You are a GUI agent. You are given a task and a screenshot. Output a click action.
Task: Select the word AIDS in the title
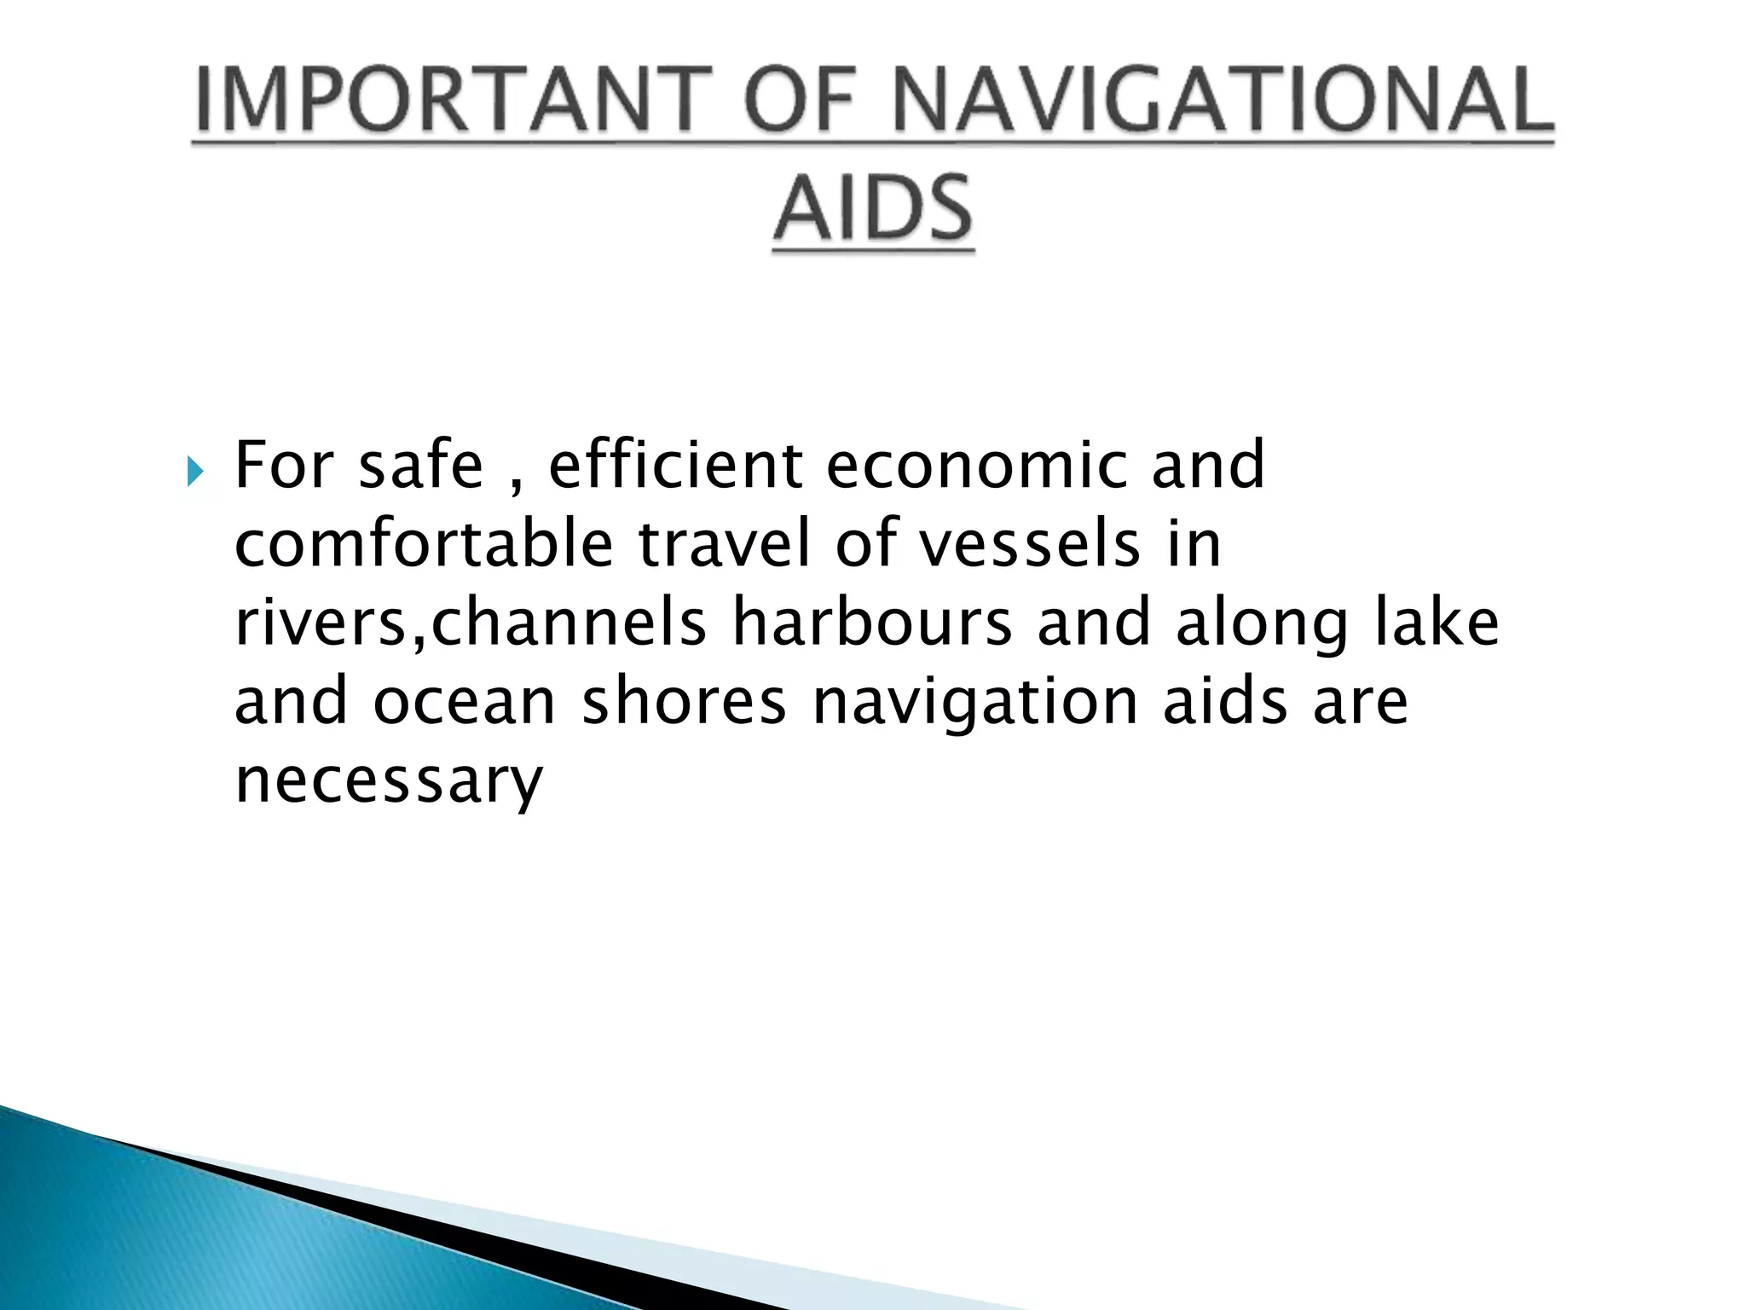click(x=873, y=209)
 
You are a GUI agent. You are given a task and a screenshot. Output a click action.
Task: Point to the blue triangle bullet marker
click(x=196, y=471)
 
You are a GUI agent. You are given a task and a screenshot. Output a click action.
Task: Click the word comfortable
click(x=424, y=543)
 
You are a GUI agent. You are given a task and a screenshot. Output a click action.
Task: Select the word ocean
click(x=464, y=702)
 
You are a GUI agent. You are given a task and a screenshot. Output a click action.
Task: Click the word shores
click(x=684, y=702)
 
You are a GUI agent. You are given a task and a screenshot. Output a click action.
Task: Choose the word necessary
click(x=388, y=781)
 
